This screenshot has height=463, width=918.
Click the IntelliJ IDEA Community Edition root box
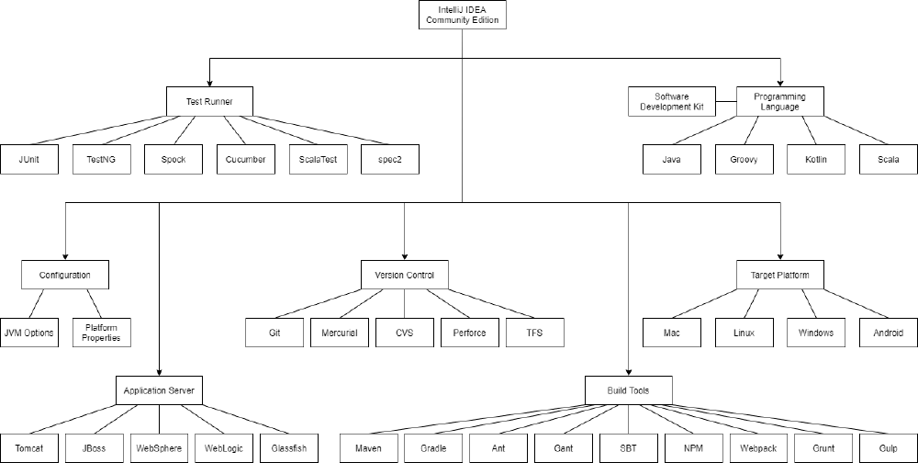[x=463, y=15]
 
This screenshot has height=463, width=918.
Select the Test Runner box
[x=209, y=101]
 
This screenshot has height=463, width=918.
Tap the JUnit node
[x=29, y=160]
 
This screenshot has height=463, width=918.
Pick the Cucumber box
[x=246, y=160]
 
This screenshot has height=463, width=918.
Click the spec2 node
[x=390, y=160]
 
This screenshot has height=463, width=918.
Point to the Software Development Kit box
[x=672, y=101]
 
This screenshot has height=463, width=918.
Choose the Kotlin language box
[x=816, y=160]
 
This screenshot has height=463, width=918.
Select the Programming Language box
[x=779, y=101]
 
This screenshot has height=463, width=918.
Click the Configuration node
[x=65, y=275]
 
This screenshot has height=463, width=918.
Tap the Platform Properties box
[x=101, y=333]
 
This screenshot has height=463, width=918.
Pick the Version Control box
[x=405, y=275]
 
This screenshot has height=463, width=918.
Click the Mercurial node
[x=340, y=333]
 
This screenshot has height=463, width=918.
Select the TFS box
[x=534, y=333]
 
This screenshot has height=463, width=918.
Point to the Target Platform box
[x=779, y=275]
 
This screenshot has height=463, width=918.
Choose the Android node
[x=888, y=333]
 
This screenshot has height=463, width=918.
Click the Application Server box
[x=159, y=390]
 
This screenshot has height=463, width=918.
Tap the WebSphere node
[x=159, y=448]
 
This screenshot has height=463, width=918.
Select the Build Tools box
[x=628, y=390]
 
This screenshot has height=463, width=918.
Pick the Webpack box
[x=758, y=448]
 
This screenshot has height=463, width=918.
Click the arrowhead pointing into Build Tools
[x=628, y=373]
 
